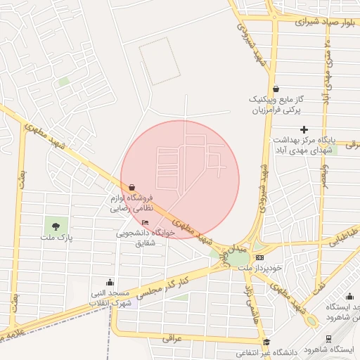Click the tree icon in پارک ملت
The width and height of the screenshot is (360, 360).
click(x=56, y=226)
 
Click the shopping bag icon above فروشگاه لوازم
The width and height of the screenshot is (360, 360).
click(x=132, y=187)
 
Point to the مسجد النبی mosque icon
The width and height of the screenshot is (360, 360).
click(x=109, y=281)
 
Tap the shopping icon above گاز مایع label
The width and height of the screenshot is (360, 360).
click(x=276, y=89)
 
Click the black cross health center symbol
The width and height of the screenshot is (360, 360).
click(x=304, y=129)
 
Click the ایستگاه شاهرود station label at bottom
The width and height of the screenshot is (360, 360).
click(x=333, y=349)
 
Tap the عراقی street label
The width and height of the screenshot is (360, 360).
click(x=172, y=337)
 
